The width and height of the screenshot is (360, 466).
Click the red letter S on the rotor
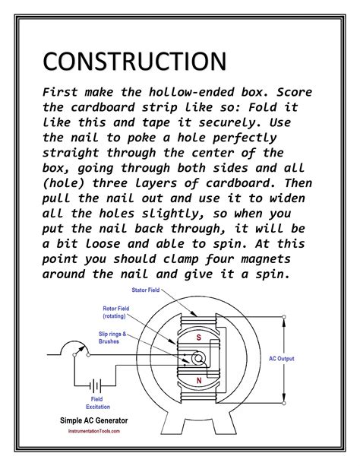point(199,335)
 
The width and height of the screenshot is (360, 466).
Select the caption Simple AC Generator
point(93,420)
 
